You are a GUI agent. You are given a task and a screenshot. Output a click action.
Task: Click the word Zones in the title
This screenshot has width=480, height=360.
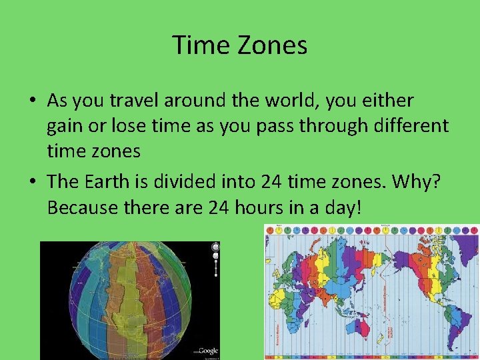275,45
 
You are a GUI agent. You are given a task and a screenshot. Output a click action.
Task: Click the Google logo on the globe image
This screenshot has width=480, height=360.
207,351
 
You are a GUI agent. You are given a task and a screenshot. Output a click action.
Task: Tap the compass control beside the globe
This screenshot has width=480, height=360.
215,248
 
